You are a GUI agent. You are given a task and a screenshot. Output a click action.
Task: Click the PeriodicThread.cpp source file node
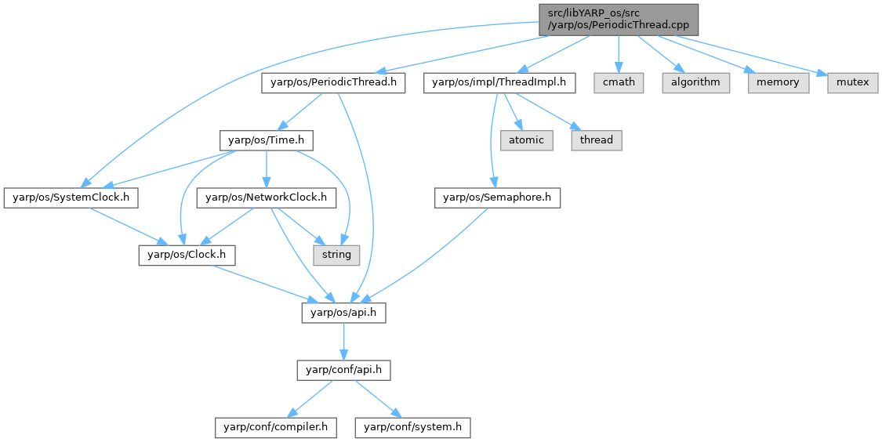618,19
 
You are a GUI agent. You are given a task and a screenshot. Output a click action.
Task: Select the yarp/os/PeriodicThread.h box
333,82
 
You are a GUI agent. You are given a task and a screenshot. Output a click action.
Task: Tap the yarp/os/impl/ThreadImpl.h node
500,82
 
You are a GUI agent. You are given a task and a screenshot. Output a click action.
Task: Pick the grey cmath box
619,82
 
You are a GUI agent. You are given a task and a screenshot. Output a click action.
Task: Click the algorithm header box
695,82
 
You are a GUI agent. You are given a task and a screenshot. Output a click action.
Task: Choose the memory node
778,82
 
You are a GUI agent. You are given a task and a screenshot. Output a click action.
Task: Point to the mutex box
852,82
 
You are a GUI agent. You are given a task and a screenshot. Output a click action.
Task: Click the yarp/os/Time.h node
267,140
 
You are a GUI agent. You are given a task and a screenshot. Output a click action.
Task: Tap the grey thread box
597,140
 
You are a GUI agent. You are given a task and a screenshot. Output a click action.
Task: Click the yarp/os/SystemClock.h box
71,197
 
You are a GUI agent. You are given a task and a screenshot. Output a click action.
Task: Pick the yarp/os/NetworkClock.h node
266,197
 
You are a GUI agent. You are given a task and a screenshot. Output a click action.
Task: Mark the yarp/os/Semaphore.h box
497,197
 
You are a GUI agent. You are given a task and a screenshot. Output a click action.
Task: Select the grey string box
337,255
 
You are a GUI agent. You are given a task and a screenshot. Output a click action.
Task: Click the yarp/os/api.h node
343,313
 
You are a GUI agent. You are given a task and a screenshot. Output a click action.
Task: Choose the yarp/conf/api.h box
343,370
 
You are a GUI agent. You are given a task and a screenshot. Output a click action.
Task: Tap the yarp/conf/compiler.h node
277,427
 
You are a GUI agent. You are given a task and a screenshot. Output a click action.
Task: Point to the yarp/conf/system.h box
413,427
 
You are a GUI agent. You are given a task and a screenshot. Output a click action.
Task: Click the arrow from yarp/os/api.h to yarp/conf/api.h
343,341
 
